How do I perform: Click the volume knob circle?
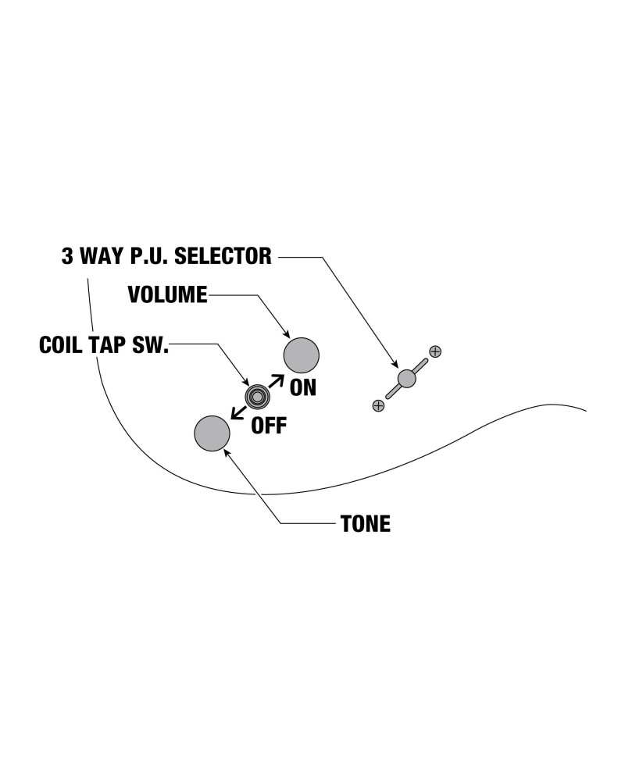(x=301, y=355)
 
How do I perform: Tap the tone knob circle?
(x=212, y=433)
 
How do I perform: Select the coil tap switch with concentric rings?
(x=257, y=397)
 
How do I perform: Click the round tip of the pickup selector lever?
(x=407, y=379)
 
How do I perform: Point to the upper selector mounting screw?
(x=435, y=351)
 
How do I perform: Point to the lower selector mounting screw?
(x=378, y=405)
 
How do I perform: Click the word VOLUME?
(x=167, y=294)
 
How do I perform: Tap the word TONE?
(x=366, y=523)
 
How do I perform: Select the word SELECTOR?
(x=223, y=256)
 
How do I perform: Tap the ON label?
(x=303, y=387)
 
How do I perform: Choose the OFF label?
(x=269, y=426)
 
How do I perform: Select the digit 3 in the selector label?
(x=67, y=256)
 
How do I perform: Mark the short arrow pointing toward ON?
(x=276, y=380)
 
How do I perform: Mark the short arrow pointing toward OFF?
(x=237, y=412)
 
